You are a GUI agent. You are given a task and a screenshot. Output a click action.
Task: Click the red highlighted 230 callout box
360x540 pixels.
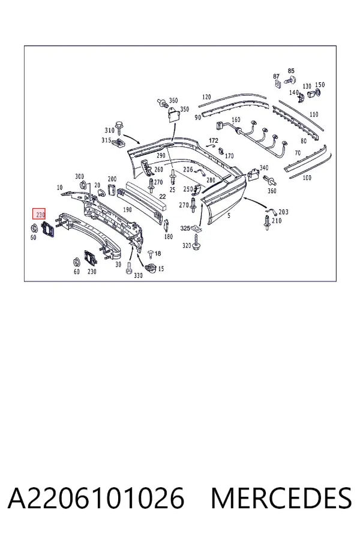point(39,215)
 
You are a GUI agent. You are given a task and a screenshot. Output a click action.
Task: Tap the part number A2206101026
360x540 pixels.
point(96,498)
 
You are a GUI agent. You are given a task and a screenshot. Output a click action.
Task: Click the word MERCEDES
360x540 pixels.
point(281,498)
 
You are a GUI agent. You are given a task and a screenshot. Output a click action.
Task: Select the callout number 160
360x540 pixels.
point(236,120)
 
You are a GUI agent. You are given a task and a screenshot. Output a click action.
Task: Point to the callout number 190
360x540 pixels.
point(127,209)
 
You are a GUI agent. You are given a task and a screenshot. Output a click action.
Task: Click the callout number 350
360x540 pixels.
point(185,109)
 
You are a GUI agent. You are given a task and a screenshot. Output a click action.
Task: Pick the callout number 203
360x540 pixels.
point(284,212)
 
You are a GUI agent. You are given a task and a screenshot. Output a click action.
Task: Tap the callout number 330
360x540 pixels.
point(138,275)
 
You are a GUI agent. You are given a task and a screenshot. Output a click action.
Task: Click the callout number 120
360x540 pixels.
point(206,97)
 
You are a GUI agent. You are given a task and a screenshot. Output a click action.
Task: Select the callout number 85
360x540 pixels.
point(291,71)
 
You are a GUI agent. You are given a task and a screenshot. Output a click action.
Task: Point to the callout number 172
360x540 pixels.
point(214,140)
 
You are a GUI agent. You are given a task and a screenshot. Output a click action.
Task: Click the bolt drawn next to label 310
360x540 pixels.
point(119,127)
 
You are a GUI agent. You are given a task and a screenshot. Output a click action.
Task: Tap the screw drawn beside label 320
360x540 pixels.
point(196,243)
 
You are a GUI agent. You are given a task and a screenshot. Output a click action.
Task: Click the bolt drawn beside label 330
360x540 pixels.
point(128,268)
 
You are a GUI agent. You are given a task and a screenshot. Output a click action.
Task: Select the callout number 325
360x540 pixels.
point(185,228)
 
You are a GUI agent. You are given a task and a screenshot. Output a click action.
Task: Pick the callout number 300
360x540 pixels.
point(79,176)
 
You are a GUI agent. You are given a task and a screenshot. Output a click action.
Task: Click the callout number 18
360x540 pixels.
point(158,253)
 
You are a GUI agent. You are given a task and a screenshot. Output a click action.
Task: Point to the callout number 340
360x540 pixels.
point(264,168)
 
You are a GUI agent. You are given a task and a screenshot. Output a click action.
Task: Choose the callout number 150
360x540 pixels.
point(320,85)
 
